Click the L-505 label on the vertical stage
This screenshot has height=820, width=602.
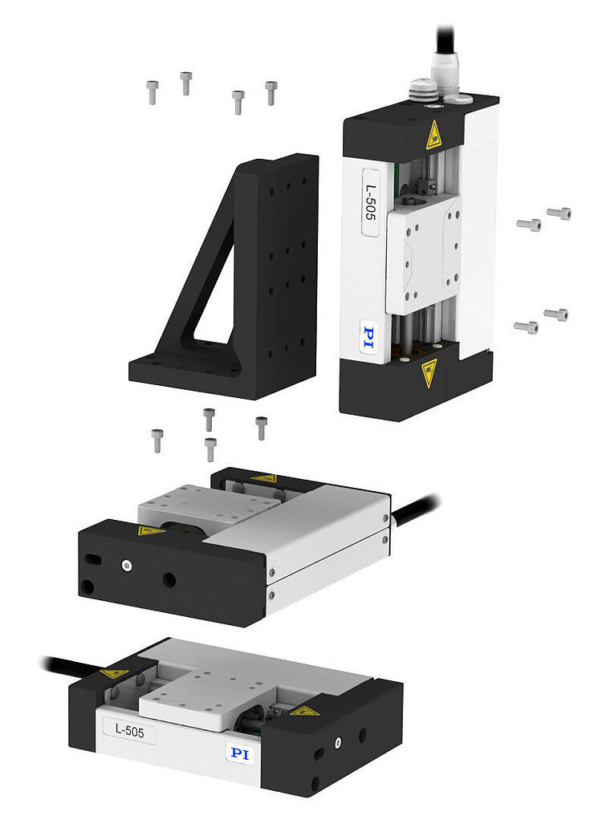[x=370, y=202]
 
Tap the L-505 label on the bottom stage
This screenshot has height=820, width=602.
[x=129, y=730]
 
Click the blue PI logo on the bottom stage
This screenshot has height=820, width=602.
[x=240, y=753]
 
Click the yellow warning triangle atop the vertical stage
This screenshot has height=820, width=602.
[x=433, y=136]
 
